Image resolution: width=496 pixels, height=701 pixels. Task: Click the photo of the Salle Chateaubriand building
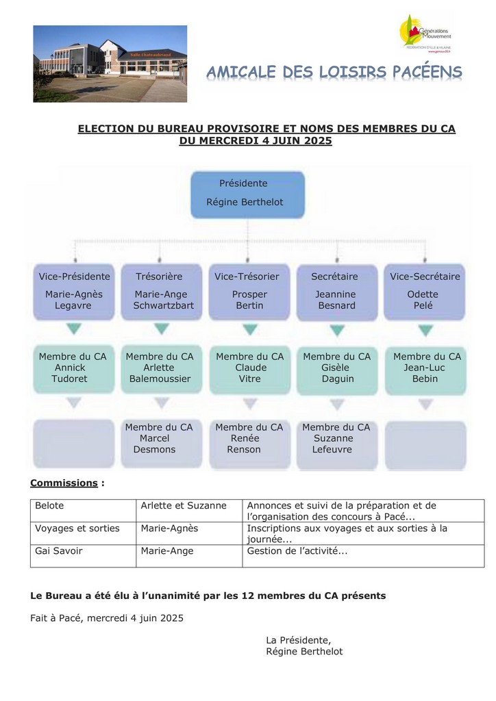pyautogui.click(x=110, y=64)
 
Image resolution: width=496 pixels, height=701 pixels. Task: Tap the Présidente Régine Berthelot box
pyautogui.click(x=247, y=194)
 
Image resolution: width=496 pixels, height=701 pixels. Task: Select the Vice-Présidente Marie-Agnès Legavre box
pyautogui.click(x=74, y=292)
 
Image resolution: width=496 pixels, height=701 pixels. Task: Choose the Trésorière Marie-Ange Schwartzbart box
pyautogui.click(x=161, y=292)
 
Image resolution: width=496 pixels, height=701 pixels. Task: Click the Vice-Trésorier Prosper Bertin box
pyautogui.click(x=249, y=292)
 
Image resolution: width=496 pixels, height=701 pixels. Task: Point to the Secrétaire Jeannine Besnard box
pyautogui.click(x=336, y=292)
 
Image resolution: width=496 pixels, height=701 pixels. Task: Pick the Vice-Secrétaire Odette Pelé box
pyautogui.click(x=425, y=292)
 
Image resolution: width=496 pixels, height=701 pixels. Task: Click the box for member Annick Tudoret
pyautogui.click(x=73, y=369)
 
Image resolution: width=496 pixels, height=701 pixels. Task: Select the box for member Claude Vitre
pyautogui.click(x=249, y=369)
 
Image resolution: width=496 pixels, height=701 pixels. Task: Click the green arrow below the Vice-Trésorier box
pyautogui.click(x=249, y=330)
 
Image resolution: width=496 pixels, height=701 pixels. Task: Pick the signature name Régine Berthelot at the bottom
pyautogui.click(x=304, y=652)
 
